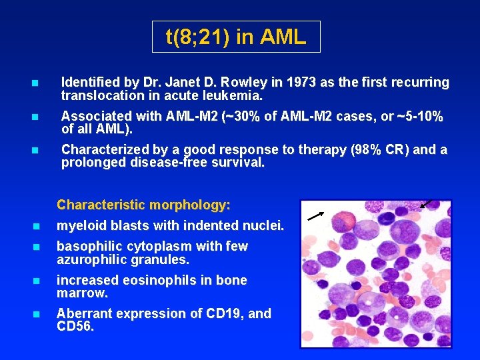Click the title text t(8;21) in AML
tap(236, 37)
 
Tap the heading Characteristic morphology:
tap(144, 205)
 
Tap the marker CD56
tap(75, 326)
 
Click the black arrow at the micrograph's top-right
tap(427, 203)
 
